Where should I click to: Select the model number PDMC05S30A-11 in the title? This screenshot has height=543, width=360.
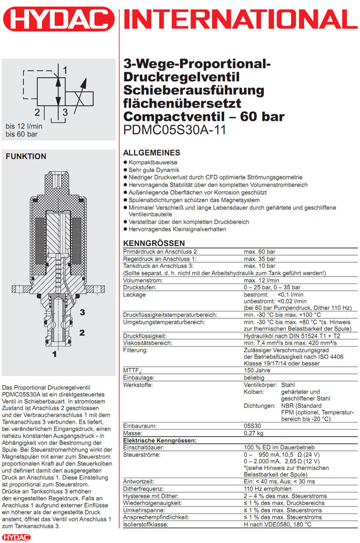[x=175, y=130]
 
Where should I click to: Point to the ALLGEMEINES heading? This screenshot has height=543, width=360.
[x=152, y=153]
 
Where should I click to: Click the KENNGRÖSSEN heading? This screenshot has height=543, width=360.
[x=154, y=243]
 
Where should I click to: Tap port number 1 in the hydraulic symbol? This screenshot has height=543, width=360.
[x=65, y=69]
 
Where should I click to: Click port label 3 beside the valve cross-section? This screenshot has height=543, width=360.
[x=82, y=312]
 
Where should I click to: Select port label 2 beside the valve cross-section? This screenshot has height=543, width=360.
[x=82, y=333]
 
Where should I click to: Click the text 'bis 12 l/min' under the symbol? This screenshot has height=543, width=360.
[x=23, y=126]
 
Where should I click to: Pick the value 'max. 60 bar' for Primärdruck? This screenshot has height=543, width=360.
[x=260, y=251]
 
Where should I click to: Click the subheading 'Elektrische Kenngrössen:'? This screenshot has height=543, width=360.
[x=159, y=441]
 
